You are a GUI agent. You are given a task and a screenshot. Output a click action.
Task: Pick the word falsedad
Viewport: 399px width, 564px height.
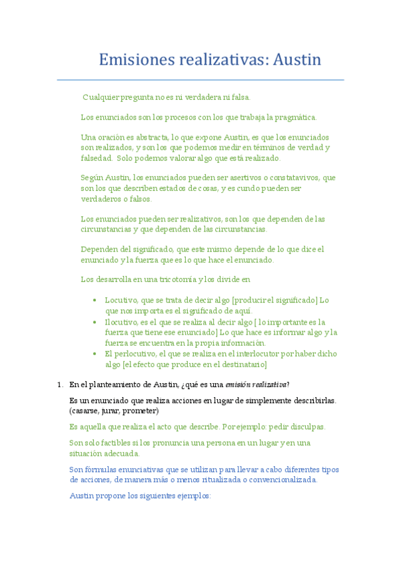tap(96, 158)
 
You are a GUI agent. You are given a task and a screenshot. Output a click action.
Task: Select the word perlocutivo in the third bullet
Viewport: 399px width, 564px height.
tap(138, 354)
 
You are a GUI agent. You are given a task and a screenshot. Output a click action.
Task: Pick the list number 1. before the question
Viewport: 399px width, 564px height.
tap(60, 384)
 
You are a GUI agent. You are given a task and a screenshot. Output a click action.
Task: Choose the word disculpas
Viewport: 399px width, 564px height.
tap(306, 427)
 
